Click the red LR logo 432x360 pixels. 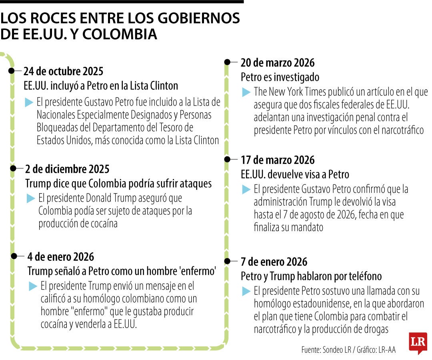point(418,342)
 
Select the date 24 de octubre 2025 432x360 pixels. point(63,72)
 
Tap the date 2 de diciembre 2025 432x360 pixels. point(67,169)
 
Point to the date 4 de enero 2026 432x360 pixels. point(61,256)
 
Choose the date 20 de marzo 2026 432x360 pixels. point(277,62)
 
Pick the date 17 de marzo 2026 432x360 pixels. point(277,160)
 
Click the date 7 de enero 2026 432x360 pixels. point(274,262)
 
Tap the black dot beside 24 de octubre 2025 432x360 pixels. point(11,71)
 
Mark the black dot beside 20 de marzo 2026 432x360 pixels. point(227,62)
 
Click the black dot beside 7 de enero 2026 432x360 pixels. point(227,261)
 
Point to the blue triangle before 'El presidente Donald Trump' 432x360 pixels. point(31,198)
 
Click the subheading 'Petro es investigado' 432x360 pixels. point(280,77)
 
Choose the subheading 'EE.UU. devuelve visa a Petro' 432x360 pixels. point(295,175)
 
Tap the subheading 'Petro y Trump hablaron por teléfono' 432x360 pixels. point(311,276)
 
